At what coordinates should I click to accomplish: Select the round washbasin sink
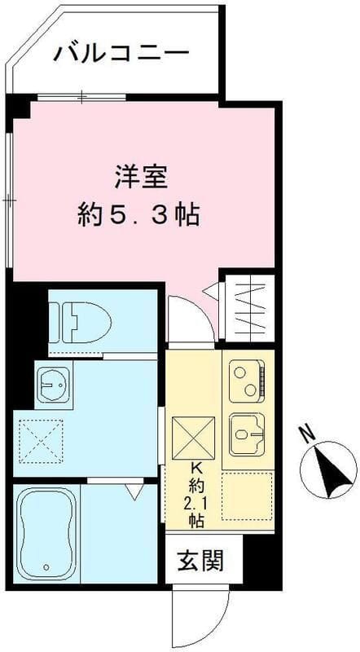(53, 382)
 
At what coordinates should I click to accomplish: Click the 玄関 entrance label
(198, 562)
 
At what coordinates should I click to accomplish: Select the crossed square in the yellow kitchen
(195, 436)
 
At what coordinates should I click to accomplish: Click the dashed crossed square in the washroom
(42, 442)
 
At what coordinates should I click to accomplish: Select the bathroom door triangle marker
(134, 491)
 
